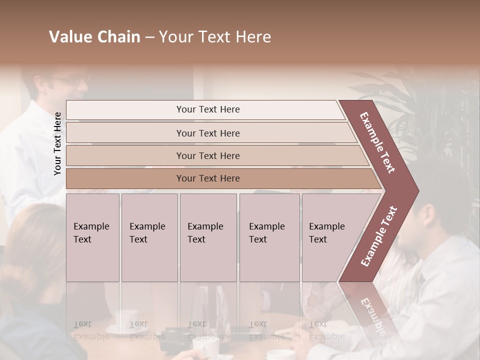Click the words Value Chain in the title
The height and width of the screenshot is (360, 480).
point(94,37)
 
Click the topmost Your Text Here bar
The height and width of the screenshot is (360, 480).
point(207,109)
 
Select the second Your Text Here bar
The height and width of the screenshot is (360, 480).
point(207,133)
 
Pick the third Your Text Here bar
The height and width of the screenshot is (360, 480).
point(207,155)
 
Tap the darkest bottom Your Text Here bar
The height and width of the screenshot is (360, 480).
point(207,178)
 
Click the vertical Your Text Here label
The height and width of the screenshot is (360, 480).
point(58,143)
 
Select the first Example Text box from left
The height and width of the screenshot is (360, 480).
point(92,237)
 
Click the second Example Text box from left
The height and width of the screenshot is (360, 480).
point(149,237)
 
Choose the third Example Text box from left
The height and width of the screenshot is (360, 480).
point(207,237)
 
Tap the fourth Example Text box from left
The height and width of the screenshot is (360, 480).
point(269,237)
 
